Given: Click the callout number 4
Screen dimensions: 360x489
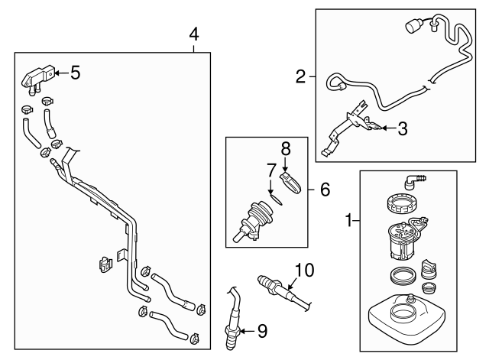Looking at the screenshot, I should tap(194, 34).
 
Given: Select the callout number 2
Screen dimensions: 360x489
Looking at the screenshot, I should tap(301, 76).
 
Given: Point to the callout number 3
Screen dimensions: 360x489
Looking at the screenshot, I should tap(402, 129).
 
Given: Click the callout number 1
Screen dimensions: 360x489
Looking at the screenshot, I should tap(348, 221).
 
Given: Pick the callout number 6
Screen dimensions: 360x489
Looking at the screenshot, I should tap(325, 189).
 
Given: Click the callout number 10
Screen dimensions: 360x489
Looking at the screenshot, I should tap(304, 268).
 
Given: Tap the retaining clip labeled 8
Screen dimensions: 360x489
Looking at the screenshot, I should tap(291, 183).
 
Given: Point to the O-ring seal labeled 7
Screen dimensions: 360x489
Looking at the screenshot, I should tap(277, 202).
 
